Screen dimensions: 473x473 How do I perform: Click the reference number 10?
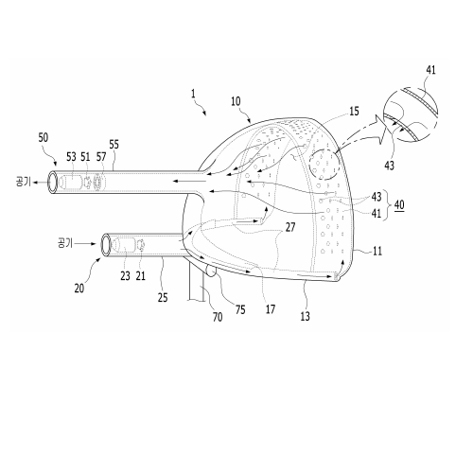coord(236,101)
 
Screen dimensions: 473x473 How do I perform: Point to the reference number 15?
coord(354,112)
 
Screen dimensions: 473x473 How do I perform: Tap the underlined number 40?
coord(399,205)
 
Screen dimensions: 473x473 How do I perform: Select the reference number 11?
coord(377,252)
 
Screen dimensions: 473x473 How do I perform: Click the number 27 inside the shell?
coord(290,227)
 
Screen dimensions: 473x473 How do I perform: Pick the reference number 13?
coord(305,316)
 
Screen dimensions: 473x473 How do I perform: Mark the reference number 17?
coord(271,309)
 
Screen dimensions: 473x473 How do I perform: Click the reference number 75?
coord(240,309)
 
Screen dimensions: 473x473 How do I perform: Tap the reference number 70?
coord(218,317)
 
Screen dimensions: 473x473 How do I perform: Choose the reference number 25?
coord(163,297)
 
